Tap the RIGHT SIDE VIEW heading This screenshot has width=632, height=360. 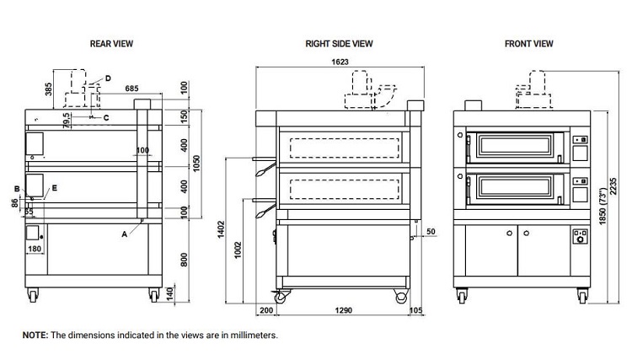(340, 43)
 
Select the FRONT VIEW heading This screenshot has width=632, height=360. (528, 43)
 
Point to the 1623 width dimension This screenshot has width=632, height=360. (339, 62)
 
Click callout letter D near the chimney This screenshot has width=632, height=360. (107, 78)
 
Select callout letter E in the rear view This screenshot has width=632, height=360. (54, 190)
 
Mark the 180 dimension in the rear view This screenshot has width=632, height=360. (35, 249)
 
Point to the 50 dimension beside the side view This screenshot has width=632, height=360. (431, 230)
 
